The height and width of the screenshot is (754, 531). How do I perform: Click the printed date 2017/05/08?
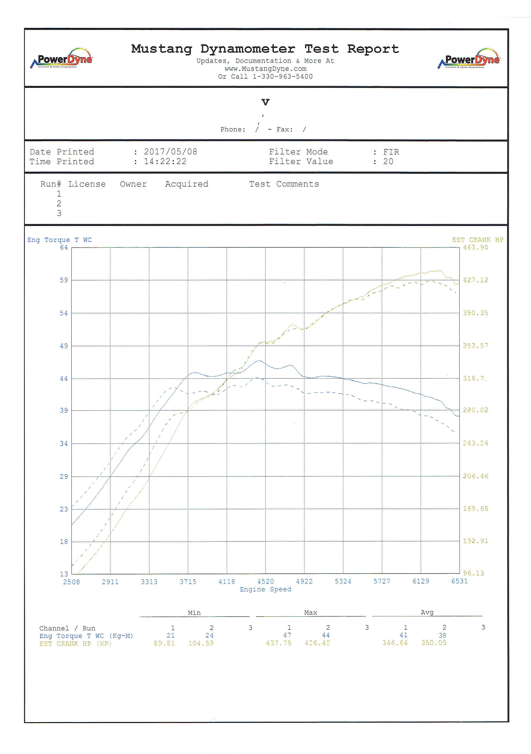point(171,152)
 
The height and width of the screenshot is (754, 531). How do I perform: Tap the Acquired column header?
point(187,184)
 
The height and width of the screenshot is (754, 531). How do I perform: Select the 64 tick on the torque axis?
point(64,248)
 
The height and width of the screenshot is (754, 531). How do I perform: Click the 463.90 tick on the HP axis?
point(475,248)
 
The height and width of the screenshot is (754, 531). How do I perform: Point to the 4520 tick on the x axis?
point(265,582)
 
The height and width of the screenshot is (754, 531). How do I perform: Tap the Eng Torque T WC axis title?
point(59,240)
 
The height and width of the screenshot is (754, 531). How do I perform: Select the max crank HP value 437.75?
point(278,643)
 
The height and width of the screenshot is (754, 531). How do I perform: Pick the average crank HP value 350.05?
point(433,643)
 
